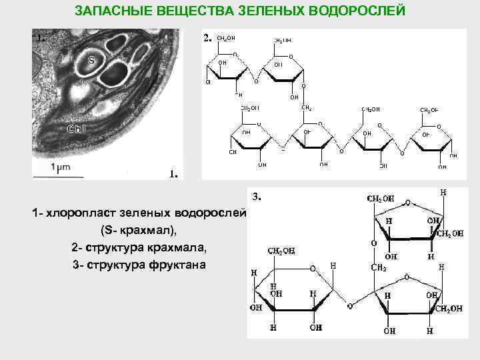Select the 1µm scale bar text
click(61, 169)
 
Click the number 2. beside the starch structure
click(207, 38)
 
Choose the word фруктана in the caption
click(178, 265)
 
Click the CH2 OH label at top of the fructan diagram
click(380, 198)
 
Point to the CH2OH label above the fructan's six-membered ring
click(281, 251)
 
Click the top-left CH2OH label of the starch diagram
click(226, 39)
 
